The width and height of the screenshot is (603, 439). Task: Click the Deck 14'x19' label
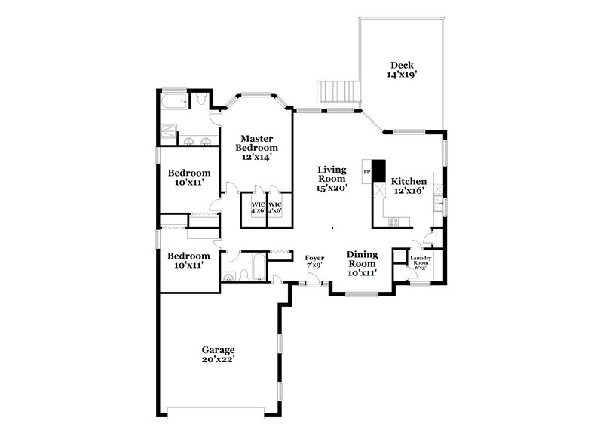402,70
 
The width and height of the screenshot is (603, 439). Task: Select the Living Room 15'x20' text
332,180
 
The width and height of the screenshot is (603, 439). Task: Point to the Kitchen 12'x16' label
409,186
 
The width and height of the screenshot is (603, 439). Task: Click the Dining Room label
362,259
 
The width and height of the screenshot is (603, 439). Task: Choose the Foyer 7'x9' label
314,262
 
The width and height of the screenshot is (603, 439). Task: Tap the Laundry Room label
419,264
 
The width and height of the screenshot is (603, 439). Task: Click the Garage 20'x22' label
218,355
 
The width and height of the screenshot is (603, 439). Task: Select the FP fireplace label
367,173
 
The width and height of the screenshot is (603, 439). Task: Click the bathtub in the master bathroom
176,99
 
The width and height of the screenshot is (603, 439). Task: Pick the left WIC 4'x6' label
258,207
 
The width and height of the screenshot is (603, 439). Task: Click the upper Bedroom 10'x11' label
188,177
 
